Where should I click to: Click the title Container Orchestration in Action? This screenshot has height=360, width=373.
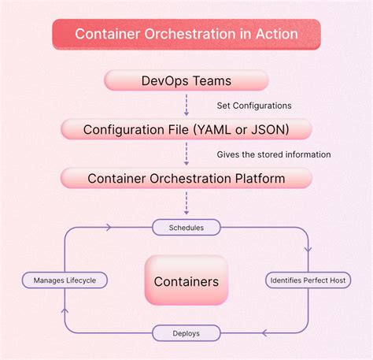coord(186,35)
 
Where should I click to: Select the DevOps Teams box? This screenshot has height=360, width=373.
coord(186,80)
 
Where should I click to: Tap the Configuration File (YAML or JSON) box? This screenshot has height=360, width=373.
coord(186,129)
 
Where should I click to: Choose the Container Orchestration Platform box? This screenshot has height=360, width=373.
coord(186,179)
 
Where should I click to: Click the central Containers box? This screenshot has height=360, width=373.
coord(186,280)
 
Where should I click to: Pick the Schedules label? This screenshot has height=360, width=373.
coord(186,228)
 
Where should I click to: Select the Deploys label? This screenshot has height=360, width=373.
coord(186,333)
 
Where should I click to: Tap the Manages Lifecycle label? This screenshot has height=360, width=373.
coord(65,280)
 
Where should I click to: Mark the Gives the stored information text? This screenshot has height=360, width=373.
coord(274,154)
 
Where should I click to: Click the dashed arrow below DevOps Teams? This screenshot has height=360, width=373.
coord(186,104)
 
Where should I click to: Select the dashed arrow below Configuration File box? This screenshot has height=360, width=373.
coord(186,154)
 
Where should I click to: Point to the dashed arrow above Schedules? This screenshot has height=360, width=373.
coord(186,203)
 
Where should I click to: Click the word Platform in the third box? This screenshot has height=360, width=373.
coord(257,179)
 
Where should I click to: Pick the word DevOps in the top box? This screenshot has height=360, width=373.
coord(164,80)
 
